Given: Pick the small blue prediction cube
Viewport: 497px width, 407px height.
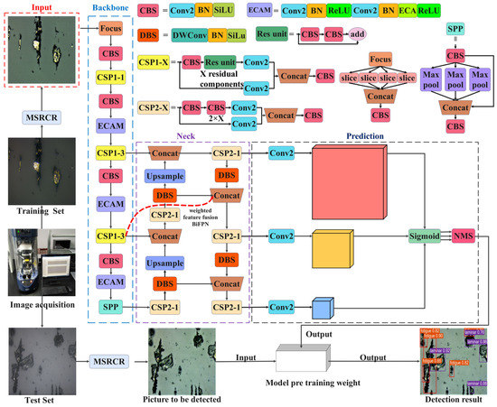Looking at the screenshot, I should [x=322, y=308].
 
